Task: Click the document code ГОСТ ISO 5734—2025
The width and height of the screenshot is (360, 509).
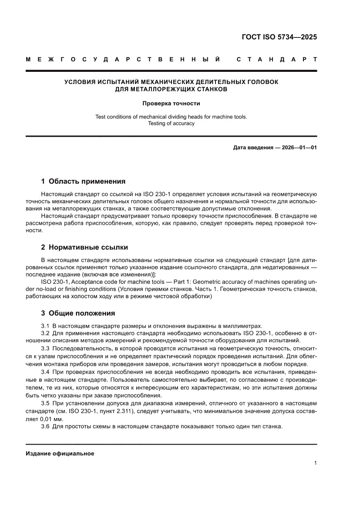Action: point(279,37)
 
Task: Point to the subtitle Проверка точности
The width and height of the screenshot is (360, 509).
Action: point(171,104)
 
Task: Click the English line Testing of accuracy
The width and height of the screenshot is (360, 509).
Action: point(171,123)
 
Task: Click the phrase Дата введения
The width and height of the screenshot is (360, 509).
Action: point(253,148)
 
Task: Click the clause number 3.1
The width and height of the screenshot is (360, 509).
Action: point(45,326)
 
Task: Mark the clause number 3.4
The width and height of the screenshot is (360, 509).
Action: point(45,372)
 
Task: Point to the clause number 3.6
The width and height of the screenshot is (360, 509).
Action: point(45,426)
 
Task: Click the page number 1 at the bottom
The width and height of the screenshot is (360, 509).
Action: point(315,463)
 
